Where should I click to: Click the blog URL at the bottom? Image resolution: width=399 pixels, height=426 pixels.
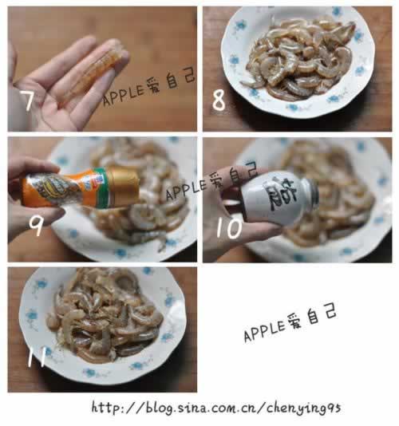point(215,408)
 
